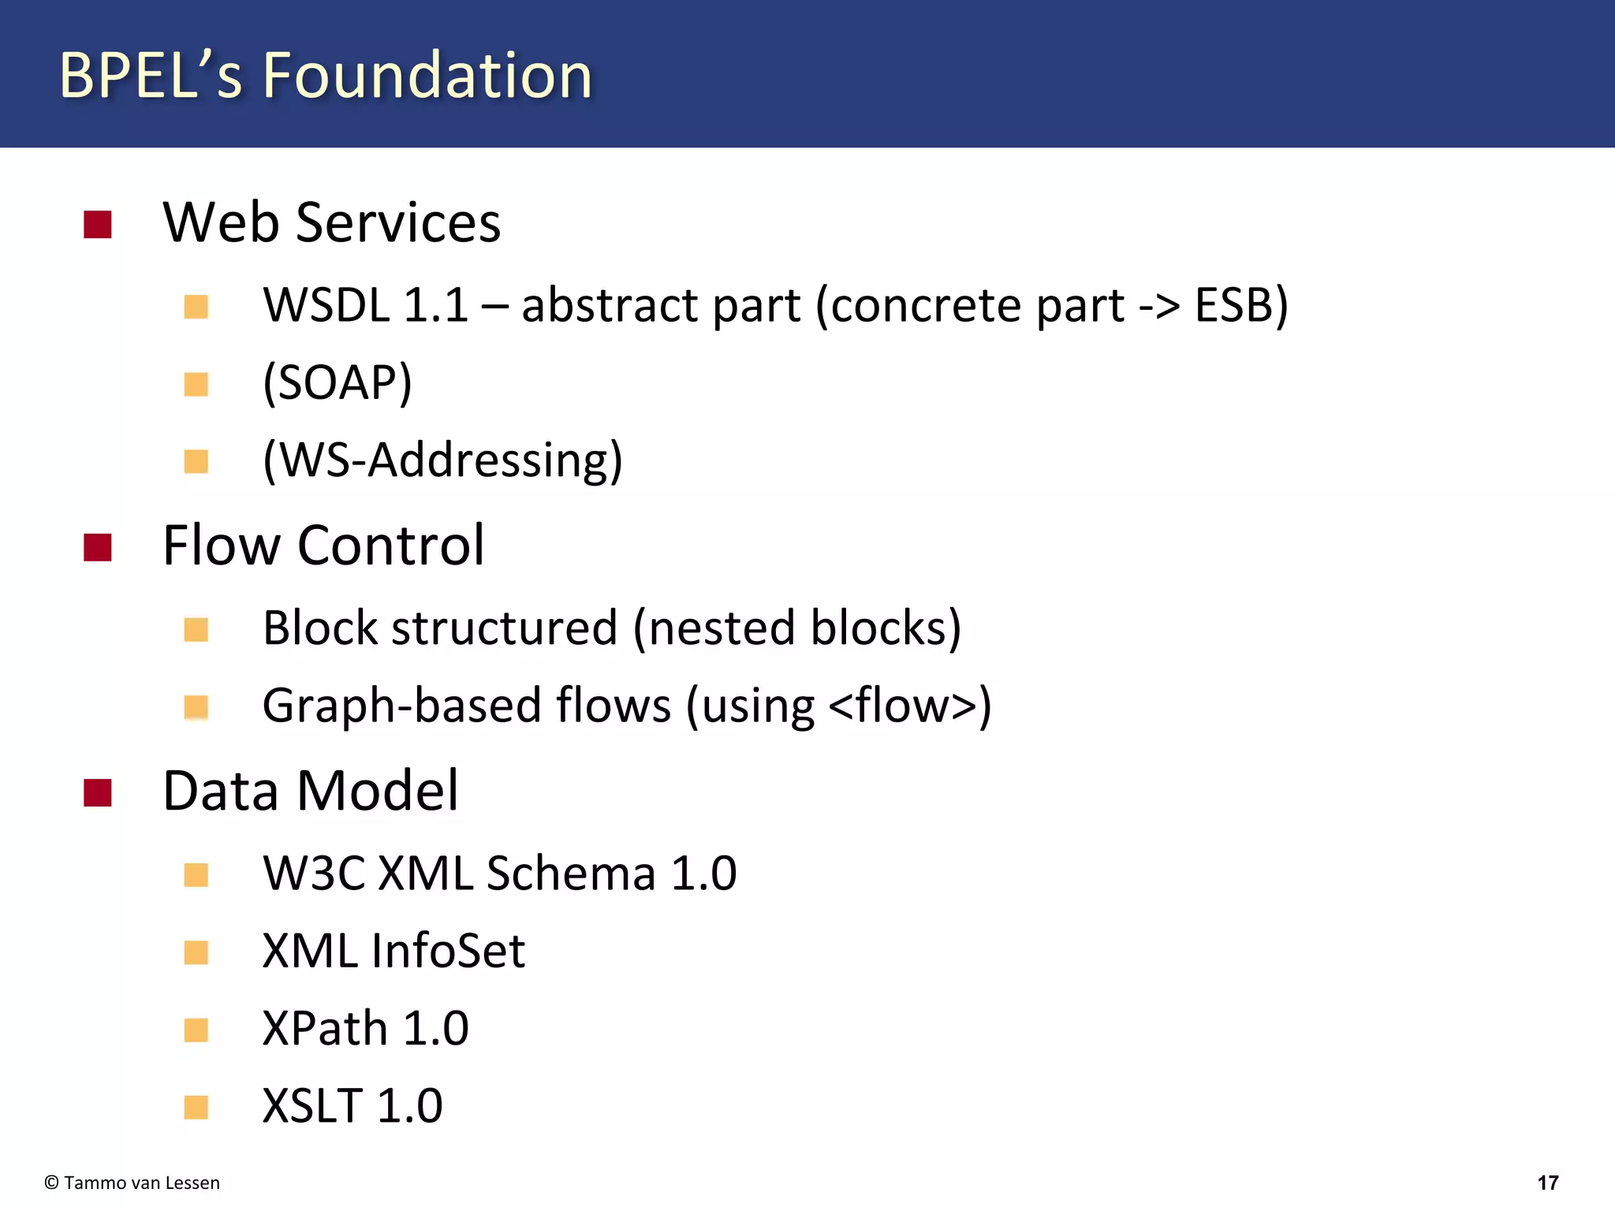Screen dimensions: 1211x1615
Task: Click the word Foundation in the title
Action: tap(427, 76)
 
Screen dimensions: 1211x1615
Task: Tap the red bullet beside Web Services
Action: tap(98, 225)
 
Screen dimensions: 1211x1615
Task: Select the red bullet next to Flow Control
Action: tap(98, 547)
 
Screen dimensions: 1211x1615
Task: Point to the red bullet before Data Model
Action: tap(98, 793)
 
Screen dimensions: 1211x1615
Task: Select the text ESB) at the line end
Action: tap(1241, 305)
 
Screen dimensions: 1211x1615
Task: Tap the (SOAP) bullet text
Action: tap(338, 383)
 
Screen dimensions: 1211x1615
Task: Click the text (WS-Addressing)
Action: tap(442, 460)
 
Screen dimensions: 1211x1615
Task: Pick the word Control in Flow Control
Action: tap(391, 546)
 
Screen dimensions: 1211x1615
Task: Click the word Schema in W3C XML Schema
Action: tap(571, 874)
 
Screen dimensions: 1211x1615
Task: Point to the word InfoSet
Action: tap(448, 951)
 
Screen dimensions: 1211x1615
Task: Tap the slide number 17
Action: tap(1548, 1183)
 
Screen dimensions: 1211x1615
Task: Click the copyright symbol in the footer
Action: tap(52, 1183)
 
